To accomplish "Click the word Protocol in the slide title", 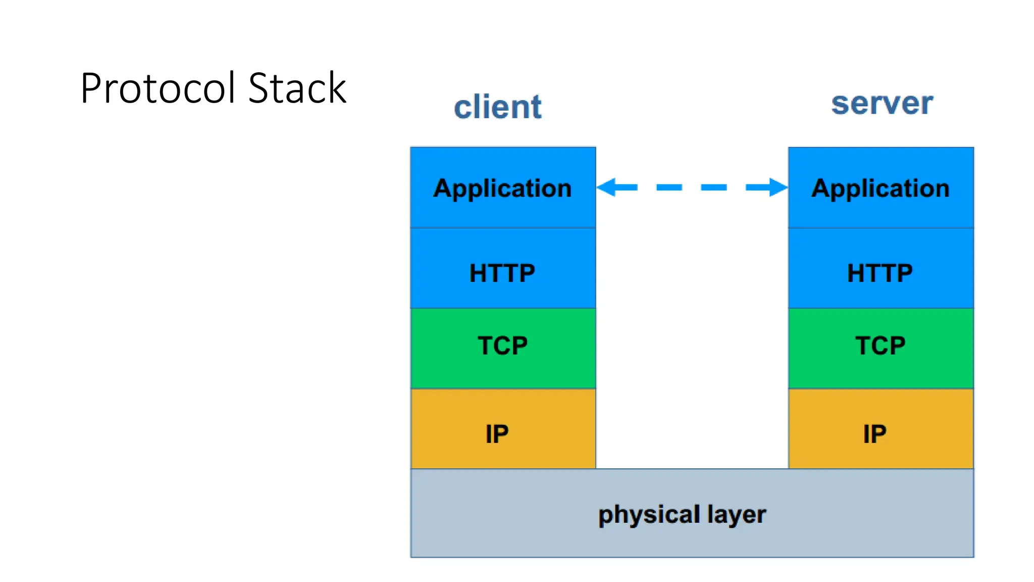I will click(158, 89).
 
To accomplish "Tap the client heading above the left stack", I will click(497, 107).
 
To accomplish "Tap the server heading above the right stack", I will click(882, 104).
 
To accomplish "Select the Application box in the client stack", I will click(503, 187).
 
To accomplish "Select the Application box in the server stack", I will click(881, 187).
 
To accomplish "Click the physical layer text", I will click(682, 515).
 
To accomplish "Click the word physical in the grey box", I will click(649, 515).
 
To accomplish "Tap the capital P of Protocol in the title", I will click(92, 89).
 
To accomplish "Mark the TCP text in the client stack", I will click(502, 346).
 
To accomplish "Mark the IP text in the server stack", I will click(874, 434).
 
